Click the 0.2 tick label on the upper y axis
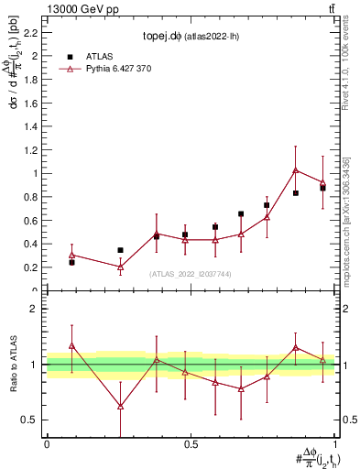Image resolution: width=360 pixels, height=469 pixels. click(34, 267)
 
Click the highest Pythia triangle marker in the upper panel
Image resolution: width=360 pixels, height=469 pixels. click(296, 169)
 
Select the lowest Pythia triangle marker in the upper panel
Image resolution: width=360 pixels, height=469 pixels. click(120, 267)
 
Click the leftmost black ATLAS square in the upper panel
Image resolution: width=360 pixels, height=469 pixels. click(71, 262)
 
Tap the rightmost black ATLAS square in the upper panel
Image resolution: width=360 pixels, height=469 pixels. click(322, 188)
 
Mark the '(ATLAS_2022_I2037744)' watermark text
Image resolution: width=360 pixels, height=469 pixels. click(191, 274)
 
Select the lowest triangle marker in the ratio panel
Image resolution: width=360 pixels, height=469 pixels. click(120, 406)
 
